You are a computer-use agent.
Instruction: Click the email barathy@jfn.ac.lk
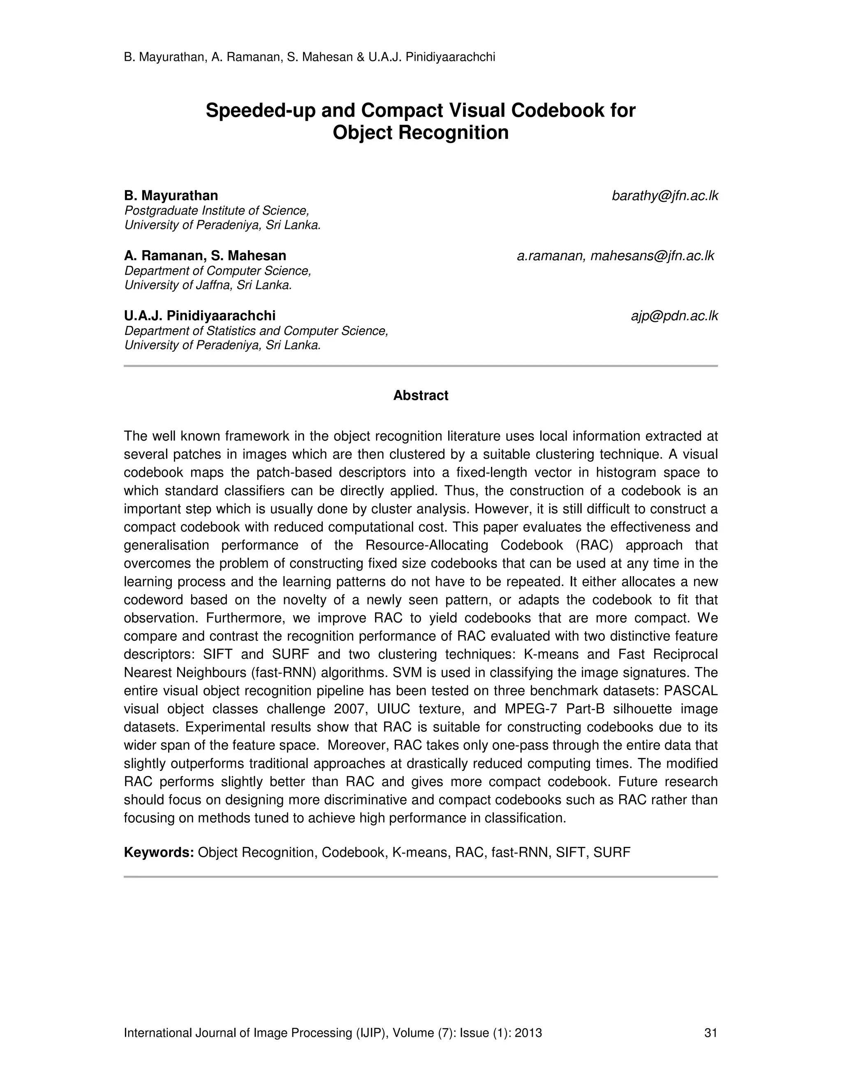pos(664,196)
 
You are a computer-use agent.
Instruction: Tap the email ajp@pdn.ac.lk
pos(674,316)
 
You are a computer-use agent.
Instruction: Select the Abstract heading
pos(421,395)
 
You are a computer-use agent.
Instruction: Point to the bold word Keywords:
pos(159,852)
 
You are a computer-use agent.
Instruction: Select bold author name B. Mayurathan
pos(171,196)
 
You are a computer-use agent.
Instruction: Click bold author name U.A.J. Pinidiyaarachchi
pos(199,316)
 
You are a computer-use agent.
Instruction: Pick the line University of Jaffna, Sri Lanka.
pos(208,285)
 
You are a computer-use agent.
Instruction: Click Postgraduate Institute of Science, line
pos(217,210)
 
